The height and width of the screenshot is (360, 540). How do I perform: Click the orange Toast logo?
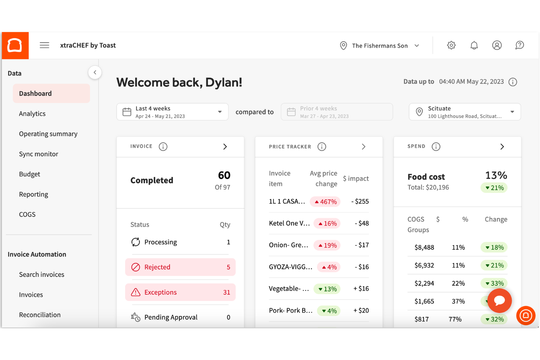point(15,46)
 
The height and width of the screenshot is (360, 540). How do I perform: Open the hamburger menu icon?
point(45,45)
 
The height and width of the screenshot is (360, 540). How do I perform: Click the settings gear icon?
point(451,45)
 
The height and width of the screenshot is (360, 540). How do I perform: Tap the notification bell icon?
point(474,45)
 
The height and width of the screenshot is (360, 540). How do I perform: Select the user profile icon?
point(497,45)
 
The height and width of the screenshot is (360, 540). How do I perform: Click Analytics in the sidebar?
point(32,113)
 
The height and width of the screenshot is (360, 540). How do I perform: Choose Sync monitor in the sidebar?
point(38,154)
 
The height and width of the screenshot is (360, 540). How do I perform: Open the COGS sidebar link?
point(27,214)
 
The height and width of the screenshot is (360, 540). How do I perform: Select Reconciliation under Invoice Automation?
point(40,315)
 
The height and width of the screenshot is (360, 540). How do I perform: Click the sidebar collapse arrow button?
point(95,72)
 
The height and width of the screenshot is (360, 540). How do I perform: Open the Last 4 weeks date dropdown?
point(172,112)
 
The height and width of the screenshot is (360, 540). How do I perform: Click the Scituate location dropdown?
point(464,112)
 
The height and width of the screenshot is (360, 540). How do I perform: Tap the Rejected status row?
point(180,267)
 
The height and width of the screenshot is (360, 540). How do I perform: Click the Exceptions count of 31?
point(227,292)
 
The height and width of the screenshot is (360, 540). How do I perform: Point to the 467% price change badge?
point(325,202)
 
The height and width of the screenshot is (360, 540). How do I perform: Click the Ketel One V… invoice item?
point(289,223)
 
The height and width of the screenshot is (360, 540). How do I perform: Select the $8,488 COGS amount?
point(424,247)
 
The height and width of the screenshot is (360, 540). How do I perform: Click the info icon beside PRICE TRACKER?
point(321,147)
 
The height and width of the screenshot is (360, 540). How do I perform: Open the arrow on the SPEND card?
point(502,147)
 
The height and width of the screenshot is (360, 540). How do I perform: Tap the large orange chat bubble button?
point(499,301)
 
